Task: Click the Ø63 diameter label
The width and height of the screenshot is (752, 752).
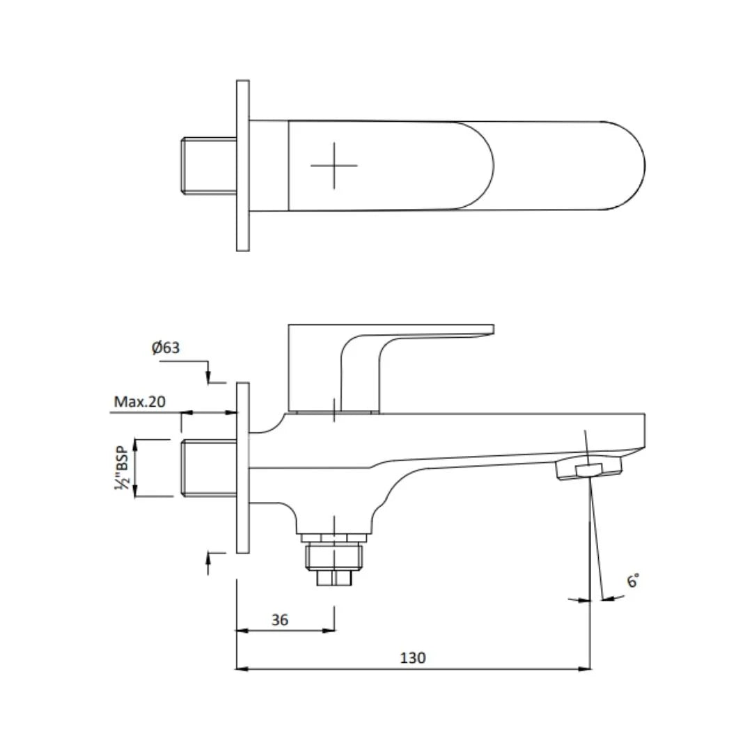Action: [166, 347]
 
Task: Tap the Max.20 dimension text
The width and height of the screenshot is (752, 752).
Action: [140, 402]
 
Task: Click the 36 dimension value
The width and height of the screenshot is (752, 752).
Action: [280, 620]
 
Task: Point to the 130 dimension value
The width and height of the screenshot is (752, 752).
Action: [412, 657]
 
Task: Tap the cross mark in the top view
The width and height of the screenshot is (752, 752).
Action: [334, 166]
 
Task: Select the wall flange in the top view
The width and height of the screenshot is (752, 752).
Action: [242, 166]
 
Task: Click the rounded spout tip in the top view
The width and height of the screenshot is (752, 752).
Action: [627, 166]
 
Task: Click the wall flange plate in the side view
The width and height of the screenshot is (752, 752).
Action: [242, 467]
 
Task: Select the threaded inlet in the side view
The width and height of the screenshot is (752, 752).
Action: [208, 467]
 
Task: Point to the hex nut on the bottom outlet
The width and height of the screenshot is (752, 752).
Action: [334, 556]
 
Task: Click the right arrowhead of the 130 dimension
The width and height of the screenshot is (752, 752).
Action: [586, 668]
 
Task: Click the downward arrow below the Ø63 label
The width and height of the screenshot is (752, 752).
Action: [209, 377]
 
